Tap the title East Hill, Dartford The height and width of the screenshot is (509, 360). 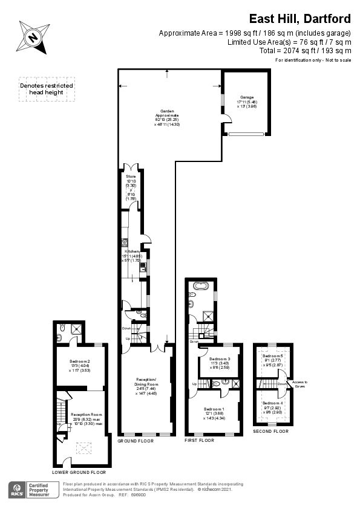pos(300,19)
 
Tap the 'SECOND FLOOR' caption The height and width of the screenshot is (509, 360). pos(272,431)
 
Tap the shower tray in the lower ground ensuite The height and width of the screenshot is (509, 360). pos(77,329)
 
